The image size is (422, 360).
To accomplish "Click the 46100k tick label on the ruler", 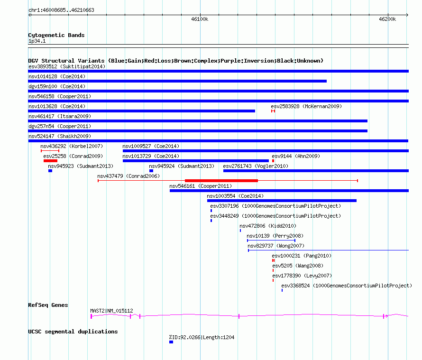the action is pos(200,19).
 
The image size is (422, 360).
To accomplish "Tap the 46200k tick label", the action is pos(387,19).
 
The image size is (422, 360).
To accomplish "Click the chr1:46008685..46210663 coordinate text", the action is pos(61,10).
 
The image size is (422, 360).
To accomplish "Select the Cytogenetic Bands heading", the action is pos(56,35).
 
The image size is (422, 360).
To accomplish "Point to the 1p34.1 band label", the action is pos(37,41).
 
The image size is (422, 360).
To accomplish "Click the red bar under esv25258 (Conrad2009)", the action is pos(50,161).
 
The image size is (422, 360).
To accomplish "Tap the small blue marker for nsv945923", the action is pos(50,171).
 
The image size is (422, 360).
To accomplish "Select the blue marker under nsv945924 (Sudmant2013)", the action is pos(151,171).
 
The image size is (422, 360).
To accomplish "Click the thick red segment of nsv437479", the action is pos(221,181).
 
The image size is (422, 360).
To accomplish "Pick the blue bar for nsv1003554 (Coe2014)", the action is pos(282,201).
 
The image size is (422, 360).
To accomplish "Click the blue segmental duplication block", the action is pos(171,342).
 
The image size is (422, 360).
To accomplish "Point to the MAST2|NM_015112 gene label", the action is pos(111,311).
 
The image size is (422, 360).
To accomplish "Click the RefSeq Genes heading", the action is pos(48,305).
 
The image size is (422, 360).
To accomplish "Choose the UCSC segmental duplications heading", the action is pos(73,332).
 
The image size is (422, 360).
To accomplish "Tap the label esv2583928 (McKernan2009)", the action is pos(306,106).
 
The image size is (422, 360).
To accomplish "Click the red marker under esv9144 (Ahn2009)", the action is pos(273,161).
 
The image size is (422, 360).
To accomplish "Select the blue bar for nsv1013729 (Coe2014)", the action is pos(196,161).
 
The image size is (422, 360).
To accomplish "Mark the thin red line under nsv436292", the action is pos(50,151).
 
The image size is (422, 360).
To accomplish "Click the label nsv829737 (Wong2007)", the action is pos(276,246).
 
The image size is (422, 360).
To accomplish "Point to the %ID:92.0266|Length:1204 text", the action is pos(202,337).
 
